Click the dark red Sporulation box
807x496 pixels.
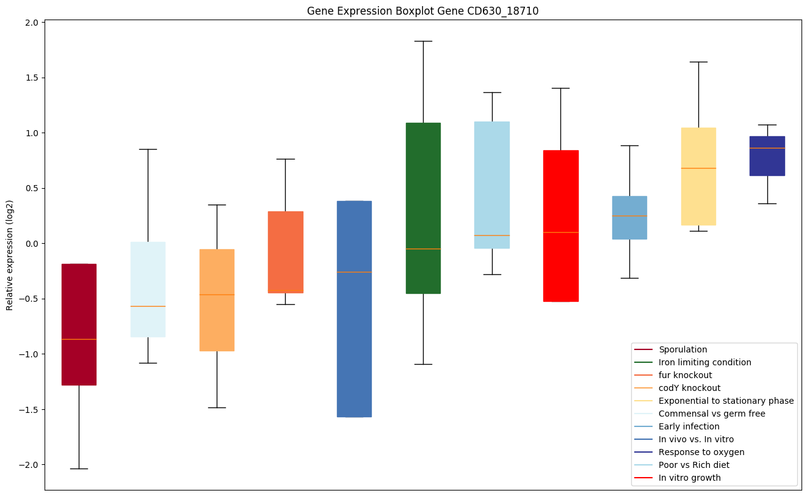79,324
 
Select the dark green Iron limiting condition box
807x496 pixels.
423,208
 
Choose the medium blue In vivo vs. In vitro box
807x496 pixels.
354,308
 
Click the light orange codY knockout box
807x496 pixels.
217,300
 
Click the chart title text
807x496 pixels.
422,11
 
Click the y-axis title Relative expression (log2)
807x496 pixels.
10,255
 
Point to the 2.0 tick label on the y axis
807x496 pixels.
32,23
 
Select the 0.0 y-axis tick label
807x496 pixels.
32,244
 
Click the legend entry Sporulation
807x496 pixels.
682,349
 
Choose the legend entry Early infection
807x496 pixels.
689,426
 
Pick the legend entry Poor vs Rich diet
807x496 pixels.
693,465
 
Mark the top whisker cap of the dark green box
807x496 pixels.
423,41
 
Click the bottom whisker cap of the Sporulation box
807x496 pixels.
79,469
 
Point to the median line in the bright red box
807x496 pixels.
560,232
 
